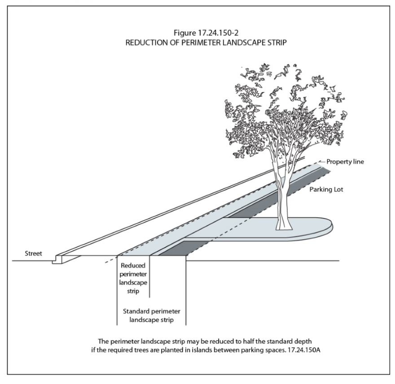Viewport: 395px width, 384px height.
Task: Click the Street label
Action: [34, 253]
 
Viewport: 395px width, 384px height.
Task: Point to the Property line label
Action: [345, 161]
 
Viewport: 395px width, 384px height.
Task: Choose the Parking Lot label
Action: [326, 189]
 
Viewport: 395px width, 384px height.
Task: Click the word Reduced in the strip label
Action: [133, 266]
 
